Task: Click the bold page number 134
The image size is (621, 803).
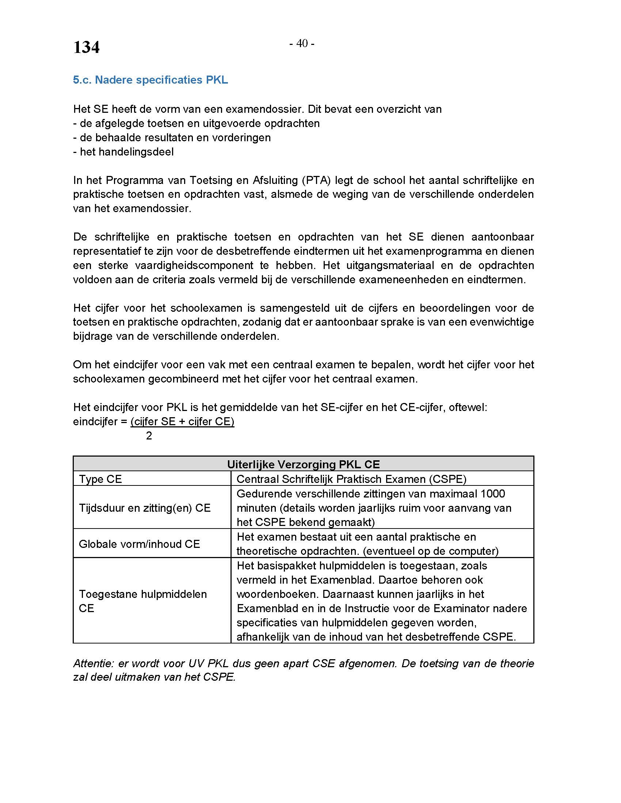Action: (x=86, y=47)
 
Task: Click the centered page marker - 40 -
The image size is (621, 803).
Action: (x=302, y=43)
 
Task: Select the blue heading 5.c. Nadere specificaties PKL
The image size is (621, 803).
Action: (x=151, y=80)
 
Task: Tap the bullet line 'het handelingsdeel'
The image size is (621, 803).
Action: (x=123, y=151)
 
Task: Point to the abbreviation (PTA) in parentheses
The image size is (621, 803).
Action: (x=315, y=180)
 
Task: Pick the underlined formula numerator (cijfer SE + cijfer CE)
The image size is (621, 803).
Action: (x=182, y=421)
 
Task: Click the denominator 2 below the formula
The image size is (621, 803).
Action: (x=149, y=436)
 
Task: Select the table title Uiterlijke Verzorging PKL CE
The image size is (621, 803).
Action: (x=303, y=464)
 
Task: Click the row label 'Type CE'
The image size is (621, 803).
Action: (x=100, y=479)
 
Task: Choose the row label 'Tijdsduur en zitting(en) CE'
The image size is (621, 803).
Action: (x=145, y=508)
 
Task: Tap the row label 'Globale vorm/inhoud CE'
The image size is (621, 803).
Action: (x=139, y=544)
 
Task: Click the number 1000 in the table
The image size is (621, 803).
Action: (x=492, y=493)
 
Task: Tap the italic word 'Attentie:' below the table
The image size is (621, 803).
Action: (x=92, y=663)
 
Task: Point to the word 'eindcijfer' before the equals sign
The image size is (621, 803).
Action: (x=95, y=421)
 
